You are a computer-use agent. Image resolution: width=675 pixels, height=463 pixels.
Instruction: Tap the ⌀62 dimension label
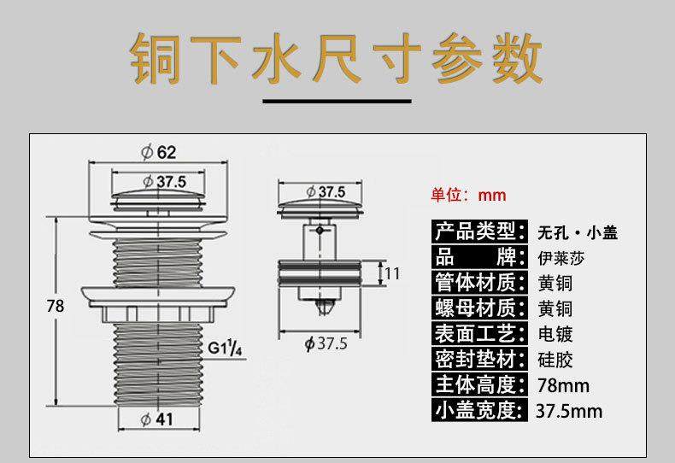(160, 152)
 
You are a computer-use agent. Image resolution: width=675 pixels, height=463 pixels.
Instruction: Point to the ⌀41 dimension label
(158, 419)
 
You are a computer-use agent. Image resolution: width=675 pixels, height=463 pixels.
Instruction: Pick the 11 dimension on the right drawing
(392, 274)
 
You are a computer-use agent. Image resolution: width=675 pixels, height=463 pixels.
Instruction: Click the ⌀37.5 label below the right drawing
(326, 343)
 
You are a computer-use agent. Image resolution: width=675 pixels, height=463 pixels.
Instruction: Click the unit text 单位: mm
(467, 195)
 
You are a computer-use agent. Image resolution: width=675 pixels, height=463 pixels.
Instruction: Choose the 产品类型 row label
(476, 231)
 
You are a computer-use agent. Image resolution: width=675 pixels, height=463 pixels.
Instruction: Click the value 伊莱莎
(562, 257)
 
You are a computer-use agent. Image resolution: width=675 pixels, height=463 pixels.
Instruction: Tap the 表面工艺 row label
(476, 333)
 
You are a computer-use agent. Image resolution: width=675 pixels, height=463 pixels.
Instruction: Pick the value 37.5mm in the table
(569, 411)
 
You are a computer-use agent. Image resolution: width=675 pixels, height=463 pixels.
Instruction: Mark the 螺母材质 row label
(476, 308)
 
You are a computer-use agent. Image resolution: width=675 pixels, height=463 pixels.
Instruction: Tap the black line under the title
(336, 102)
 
